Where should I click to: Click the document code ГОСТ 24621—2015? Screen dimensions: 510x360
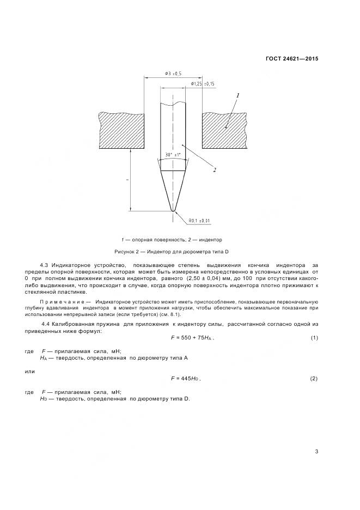click(x=291, y=58)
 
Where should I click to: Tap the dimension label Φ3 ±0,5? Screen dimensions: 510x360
click(x=173, y=73)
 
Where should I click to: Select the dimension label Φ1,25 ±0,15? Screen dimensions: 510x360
click(x=203, y=83)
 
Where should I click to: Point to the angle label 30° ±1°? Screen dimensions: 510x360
click(x=173, y=155)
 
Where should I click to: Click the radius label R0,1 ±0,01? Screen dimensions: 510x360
click(x=184, y=220)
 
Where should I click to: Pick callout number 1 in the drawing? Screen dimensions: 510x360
click(x=237, y=95)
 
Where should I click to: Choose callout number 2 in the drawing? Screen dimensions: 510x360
click(x=215, y=170)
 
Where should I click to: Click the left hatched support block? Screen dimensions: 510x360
click(x=121, y=130)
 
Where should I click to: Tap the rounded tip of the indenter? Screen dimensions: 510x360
click(x=173, y=209)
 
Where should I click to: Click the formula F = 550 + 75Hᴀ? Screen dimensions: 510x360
click(x=192, y=338)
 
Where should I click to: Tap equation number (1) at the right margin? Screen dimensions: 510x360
click(x=314, y=338)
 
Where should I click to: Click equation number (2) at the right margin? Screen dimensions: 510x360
click(x=314, y=378)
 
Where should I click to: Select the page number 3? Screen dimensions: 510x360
click(x=316, y=451)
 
